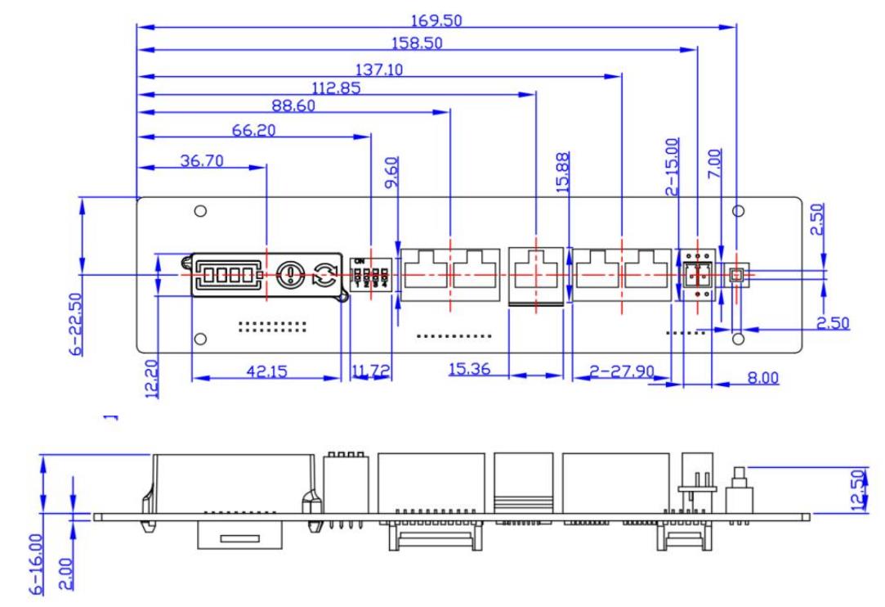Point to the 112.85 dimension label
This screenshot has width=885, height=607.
[337, 88]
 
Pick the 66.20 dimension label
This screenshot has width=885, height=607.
[255, 131]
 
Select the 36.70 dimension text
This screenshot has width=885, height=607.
[201, 160]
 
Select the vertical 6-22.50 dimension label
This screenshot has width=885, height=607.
[76, 323]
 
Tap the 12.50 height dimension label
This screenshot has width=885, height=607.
[857, 489]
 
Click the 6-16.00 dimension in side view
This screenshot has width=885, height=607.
[36, 554]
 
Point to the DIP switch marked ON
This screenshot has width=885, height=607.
[368, 273]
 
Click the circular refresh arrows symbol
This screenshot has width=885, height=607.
[324, 275]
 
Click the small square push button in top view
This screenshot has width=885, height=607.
[736, 276]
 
